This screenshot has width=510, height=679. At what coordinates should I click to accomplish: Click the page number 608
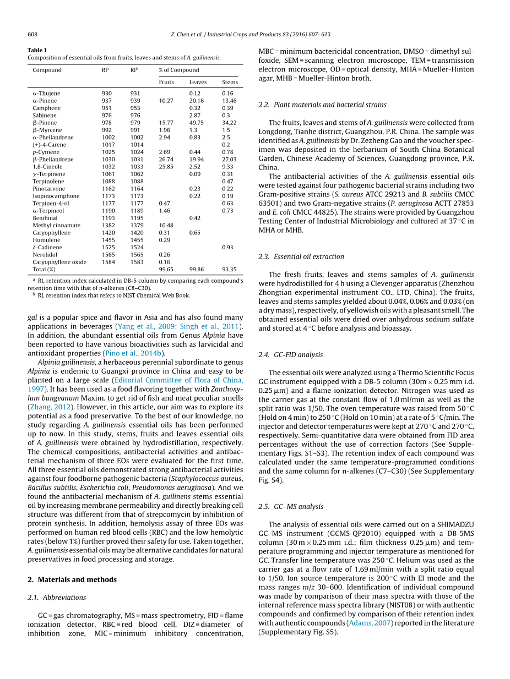[32, 34]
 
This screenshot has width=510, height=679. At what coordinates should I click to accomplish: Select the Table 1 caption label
[37, 50]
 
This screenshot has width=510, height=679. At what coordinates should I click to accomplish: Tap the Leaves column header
[198, 82]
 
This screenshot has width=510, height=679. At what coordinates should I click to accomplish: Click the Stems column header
[230, 82]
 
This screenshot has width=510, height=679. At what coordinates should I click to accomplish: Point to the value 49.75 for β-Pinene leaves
[197, 123]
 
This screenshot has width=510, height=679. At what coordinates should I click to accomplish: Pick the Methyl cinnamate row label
[56, 225]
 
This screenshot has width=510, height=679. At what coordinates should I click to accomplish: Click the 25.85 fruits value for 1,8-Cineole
[166, 167]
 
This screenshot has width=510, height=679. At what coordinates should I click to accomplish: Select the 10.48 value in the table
[166, 225]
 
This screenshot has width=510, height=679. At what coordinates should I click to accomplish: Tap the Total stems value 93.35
[230, 270]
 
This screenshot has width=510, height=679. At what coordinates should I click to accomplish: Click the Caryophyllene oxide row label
[59, 262]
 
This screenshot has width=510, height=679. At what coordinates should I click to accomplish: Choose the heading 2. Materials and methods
[72, 579]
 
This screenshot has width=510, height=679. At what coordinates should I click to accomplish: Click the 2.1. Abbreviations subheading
[57, 597]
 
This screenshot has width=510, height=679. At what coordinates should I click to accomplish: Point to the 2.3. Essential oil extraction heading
[301, 256]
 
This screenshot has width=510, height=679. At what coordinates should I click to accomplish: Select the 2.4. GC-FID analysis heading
[291, 355]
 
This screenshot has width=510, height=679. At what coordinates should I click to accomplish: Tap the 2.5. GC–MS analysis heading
[291, 506]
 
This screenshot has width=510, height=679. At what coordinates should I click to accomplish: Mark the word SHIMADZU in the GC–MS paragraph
[451, 524]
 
